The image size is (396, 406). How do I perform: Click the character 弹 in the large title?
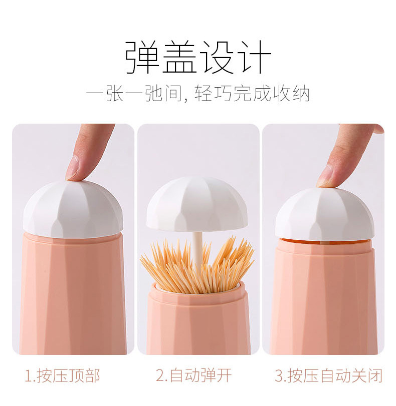142,57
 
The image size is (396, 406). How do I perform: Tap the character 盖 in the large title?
179,57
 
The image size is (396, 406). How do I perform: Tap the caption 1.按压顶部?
63,375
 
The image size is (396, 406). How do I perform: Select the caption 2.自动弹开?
193,375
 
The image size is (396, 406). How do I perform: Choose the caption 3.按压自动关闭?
328,375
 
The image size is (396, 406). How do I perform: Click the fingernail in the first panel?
73,168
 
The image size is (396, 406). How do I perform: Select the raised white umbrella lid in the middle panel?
197,203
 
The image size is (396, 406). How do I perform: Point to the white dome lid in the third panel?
325,215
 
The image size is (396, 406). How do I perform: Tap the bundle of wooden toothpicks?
197,267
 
